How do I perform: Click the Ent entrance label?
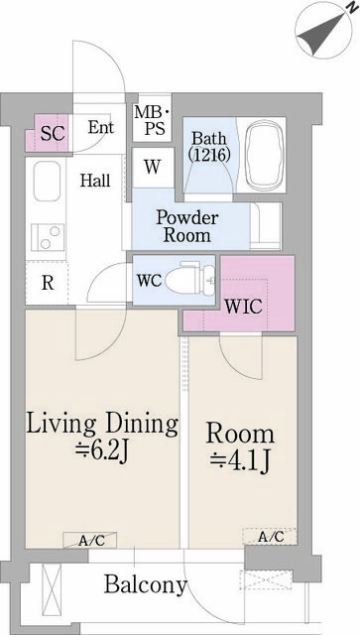tap(100, 127)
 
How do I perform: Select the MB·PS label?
tap(153, 120)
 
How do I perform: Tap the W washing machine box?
tap(152, 166)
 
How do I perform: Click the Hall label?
tap(95, 181)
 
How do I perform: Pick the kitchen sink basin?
tap(49, 184)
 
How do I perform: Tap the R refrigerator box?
tap(47, 282)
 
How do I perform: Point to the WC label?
tap(149, 279)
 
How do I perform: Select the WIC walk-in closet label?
tap(244, 306)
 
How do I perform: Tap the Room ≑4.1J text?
tap(240, 447)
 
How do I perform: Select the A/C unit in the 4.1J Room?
tap(270, 537)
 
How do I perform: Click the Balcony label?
tap(146, 585)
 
